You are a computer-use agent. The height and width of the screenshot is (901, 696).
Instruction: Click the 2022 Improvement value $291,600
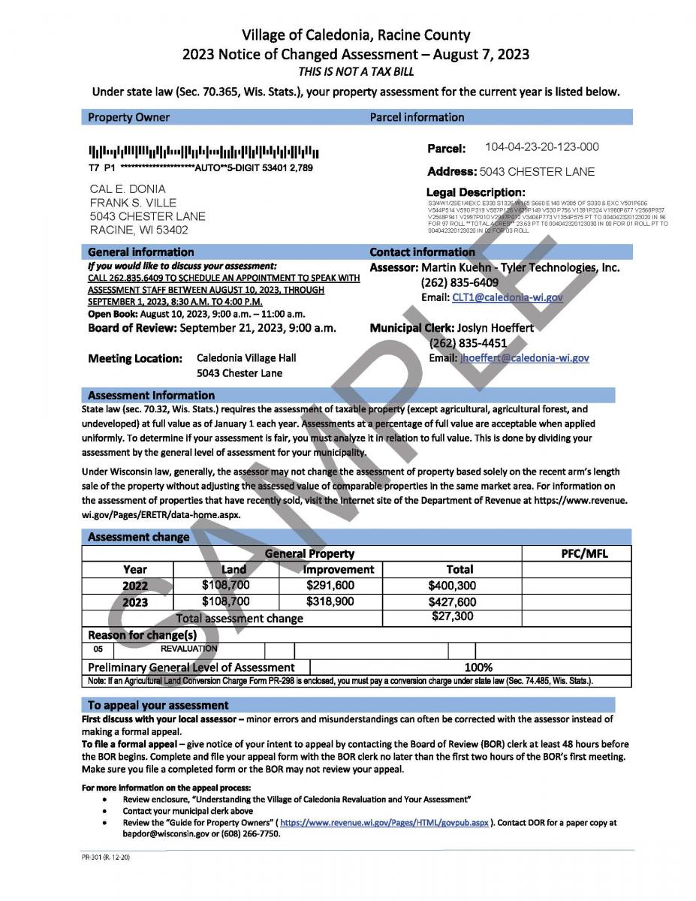click(330, 585)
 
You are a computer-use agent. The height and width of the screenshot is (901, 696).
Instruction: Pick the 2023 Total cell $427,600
click(452, 601)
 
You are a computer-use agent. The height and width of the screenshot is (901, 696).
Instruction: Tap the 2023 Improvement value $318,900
click(330, 601)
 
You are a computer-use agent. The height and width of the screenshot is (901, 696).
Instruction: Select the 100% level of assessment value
click(478, 667)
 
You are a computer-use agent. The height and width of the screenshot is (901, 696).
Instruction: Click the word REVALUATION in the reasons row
click(189, 649)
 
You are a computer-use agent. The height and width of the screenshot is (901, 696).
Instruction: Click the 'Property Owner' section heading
click(128, 117)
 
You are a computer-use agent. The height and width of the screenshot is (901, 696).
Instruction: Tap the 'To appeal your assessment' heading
click(158, 705)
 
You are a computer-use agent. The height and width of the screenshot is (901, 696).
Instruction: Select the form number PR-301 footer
click(107, 857)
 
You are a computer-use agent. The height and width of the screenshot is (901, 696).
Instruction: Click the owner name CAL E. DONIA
click(128, 188)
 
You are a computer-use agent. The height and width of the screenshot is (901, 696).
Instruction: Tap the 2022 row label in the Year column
click(135, 586)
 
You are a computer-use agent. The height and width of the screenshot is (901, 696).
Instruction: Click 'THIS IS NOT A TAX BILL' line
click(356, 72)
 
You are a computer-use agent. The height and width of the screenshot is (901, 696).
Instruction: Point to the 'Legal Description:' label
click(476, 193)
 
